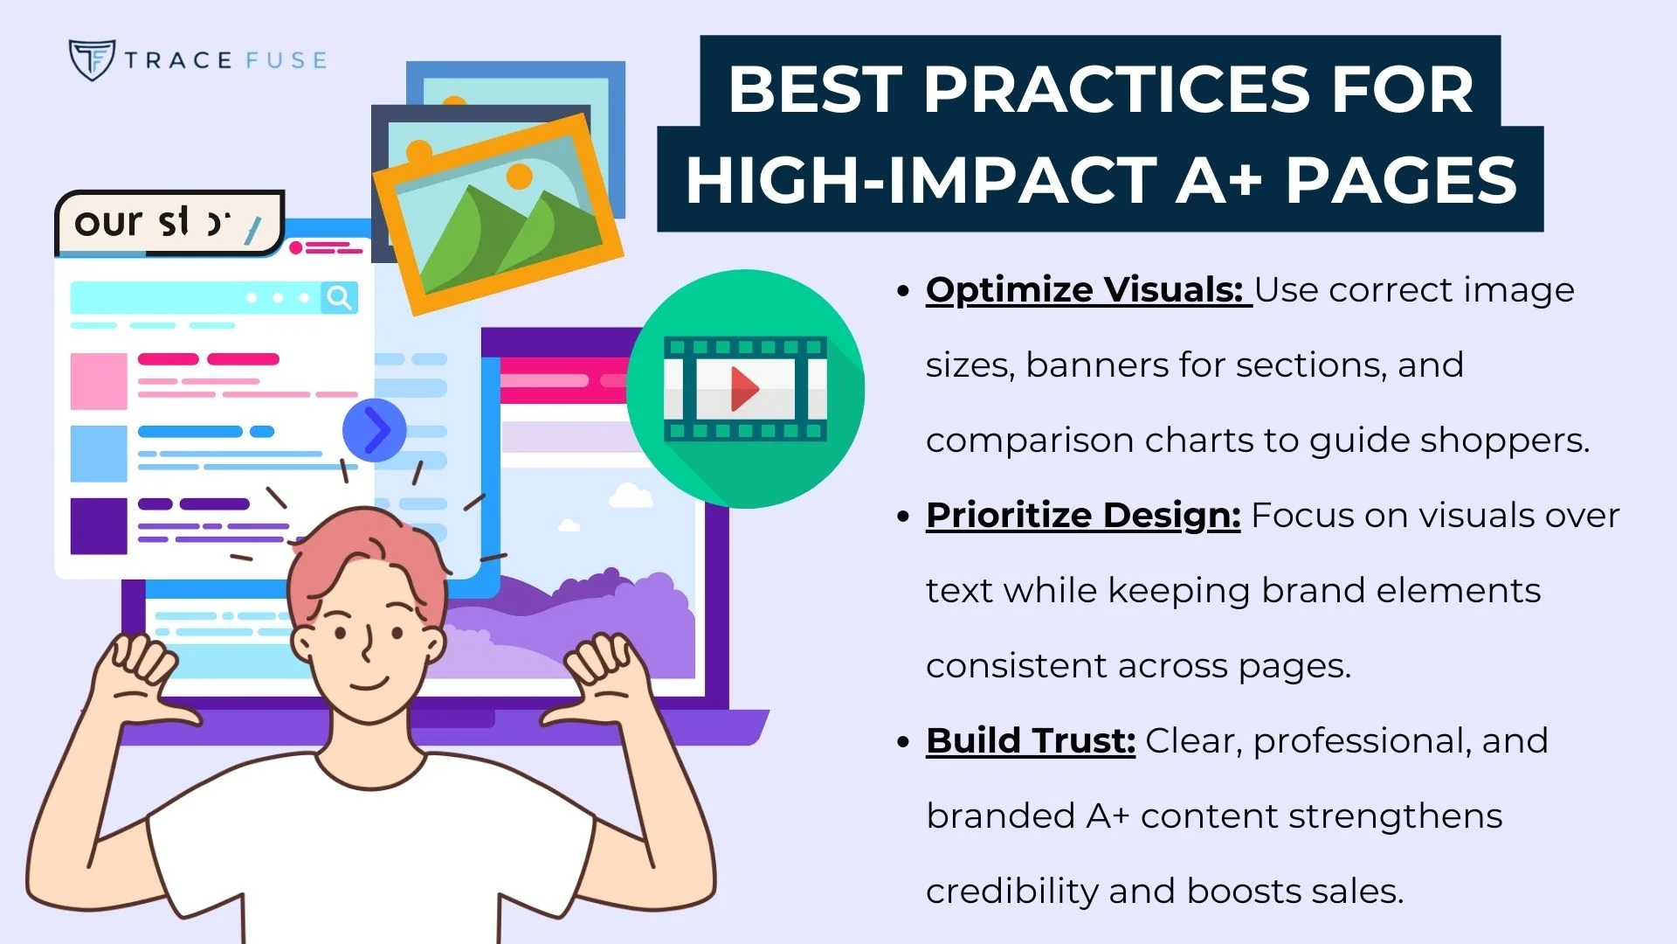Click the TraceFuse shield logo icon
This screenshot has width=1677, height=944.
click(x=91, y=59)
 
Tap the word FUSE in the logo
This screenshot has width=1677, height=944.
click(x=286, y=60)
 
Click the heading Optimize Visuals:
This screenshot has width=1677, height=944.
click(x=1084, y=289)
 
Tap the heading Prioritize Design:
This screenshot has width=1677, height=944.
click(x=1082, y=515)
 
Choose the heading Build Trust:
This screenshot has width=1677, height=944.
click(x=1030, y=740)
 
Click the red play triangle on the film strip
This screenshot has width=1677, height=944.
click(x=743, y=388)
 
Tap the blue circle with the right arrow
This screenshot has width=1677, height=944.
click(x=375, y=430)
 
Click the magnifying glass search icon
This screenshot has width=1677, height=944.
click(x=339, y=297)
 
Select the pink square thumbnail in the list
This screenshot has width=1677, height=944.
click(x=99, y=381)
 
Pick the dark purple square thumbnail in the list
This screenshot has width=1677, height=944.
click(x=99, y=525)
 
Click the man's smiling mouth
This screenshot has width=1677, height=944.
click(x=369, y=683)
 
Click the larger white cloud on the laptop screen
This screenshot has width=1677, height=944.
click(x=631, y=496)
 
